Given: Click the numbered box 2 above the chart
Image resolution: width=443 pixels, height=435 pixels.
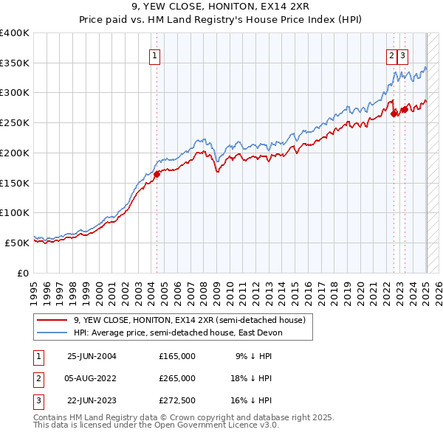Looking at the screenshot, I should pos(391,55).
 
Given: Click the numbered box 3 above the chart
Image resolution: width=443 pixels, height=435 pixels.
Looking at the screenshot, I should pos(403,55).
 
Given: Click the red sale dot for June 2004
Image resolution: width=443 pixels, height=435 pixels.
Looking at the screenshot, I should pos(157,175).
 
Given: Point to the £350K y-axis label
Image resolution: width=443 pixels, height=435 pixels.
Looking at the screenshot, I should pos(15,63).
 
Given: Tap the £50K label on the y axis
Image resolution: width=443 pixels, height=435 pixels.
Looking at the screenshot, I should pos(18,243).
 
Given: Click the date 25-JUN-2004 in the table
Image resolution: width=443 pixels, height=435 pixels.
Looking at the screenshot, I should pos(92,356).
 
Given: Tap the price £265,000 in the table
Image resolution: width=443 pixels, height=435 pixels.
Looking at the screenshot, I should pos(177,378).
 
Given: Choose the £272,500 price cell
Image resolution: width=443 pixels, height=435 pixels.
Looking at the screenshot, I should pos(177,401).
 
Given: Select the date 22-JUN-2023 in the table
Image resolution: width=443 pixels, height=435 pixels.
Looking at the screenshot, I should pos(92,401).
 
